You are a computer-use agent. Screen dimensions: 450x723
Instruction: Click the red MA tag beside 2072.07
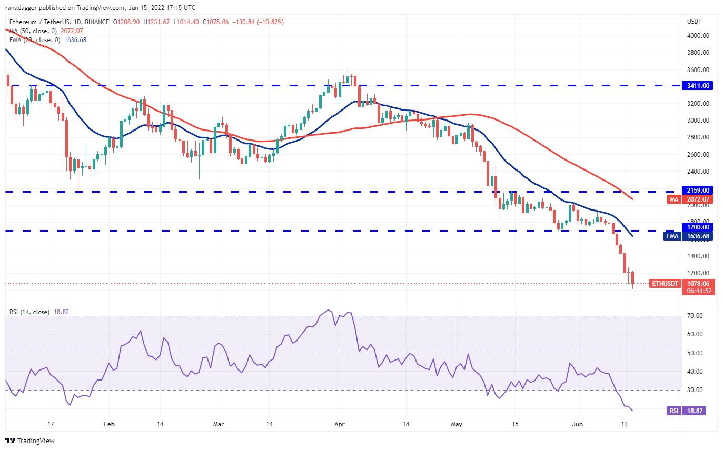tap(674, 199)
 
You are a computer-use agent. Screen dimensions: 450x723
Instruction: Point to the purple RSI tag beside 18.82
tap(672, 411)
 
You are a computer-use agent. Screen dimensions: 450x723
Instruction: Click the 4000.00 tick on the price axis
tap(698, 36)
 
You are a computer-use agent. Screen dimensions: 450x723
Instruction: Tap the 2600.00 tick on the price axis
tap(698, 155)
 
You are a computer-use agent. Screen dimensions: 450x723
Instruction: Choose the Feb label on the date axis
tap(109, 424)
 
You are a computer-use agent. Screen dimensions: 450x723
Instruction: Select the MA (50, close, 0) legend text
tap(33, 31)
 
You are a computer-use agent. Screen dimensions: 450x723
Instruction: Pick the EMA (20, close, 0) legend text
tap(34, 39)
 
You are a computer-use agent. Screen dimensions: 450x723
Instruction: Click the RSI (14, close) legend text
tap(29, 312)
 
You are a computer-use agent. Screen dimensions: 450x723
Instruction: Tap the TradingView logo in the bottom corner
tap(30, 440)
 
